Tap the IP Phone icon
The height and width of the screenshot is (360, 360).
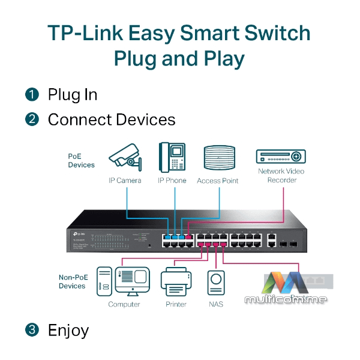click(172, 157)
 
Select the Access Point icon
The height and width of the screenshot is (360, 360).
click(217, 159)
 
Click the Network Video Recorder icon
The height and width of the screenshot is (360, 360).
click(281, 156)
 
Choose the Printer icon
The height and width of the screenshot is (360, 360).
click(176, 282)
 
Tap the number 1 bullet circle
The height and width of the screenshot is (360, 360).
click(31, 95)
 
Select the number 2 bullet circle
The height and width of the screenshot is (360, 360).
click(31, 119)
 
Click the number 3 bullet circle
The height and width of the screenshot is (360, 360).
click(31, 330)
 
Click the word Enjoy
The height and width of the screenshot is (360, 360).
click(68, 330)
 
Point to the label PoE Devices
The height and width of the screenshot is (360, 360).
click(81, 160)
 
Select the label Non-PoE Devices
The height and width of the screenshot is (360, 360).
click(72, 281)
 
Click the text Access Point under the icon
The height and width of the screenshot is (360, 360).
click(217, 181)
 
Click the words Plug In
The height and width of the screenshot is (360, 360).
click(72, 95)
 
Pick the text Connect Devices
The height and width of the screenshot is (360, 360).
click(112, 119)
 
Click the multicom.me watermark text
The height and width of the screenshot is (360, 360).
click(286, 299)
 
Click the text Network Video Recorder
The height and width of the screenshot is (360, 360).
click(281, 175)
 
